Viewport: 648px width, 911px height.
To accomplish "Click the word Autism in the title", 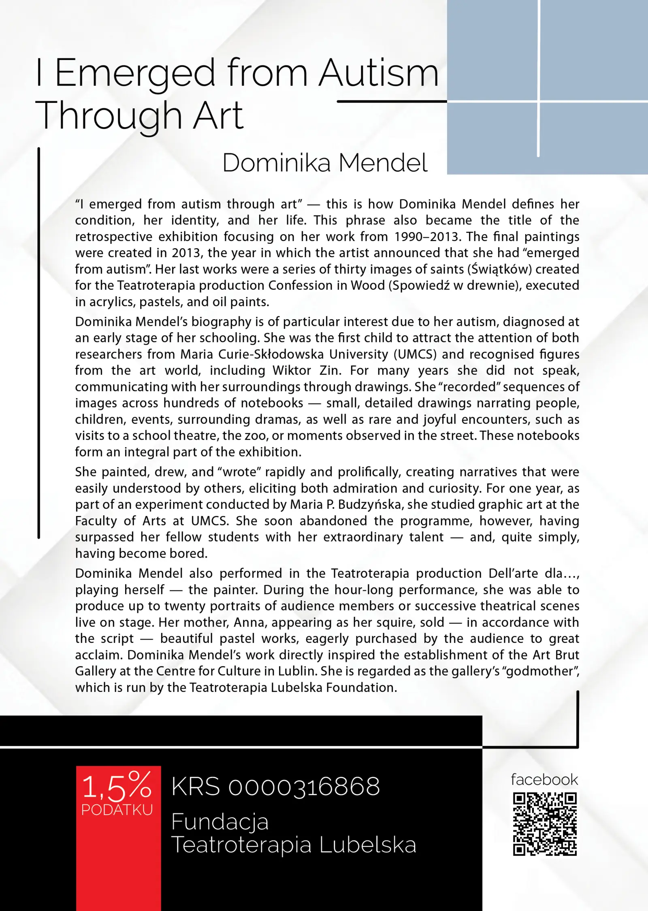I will pyautogui.click(x=379, y=73).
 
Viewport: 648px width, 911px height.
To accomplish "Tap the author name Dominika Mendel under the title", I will pyautogui.click(x=325, y=163).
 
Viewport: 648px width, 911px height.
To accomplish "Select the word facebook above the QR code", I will pyautogui.click(x=544, y=779).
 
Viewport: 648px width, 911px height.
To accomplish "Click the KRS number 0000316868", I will pyautogui.click(x=304, y=787).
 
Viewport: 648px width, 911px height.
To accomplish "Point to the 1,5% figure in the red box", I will pyautogui.click(x=117, y=787).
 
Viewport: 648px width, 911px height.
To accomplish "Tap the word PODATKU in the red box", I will pyautogui.click(x=117, y=810).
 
